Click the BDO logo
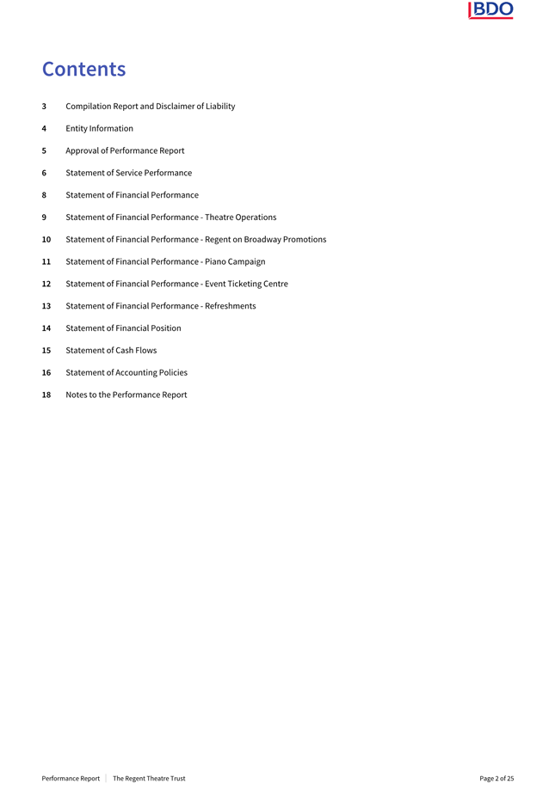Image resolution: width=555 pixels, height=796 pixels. click(x=490, y=10)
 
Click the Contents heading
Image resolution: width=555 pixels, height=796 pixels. click(x=83, y=69)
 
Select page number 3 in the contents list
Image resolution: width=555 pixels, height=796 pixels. click(x=44, y=107)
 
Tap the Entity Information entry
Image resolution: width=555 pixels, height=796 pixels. click(x=99, y=129)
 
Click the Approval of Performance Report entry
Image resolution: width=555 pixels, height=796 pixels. click(x=125, y=150)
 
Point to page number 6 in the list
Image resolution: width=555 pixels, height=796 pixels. click(x=44, y=173)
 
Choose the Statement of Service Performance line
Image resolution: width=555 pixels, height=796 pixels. click(x=128, y=173)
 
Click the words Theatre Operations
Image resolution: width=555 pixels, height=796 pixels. click(x=240, y=217)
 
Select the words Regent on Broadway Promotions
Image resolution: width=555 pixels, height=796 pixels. click(x=265, y=240)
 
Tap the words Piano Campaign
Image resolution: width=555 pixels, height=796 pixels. click(x=235, y=262)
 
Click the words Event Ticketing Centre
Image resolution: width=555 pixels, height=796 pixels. click(x=246, y=284)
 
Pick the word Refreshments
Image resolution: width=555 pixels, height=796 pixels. click(x=230, y=306)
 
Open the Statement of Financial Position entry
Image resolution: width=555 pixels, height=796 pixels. click(x=123, y=328)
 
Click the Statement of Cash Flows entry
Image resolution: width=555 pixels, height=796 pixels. click(x=111, y=351)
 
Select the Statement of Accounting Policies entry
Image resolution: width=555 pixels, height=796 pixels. click(x=126, y=373)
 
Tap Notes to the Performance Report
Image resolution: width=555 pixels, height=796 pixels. click(x=126, y=395)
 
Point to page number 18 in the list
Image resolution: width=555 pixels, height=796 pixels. click(x=46, y=395)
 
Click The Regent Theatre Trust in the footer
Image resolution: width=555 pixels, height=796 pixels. click(x=149, y=779)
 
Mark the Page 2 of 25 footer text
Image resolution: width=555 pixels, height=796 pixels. click(x=496, y=779)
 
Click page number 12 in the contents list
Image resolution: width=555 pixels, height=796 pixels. click(x=46, y=284)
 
